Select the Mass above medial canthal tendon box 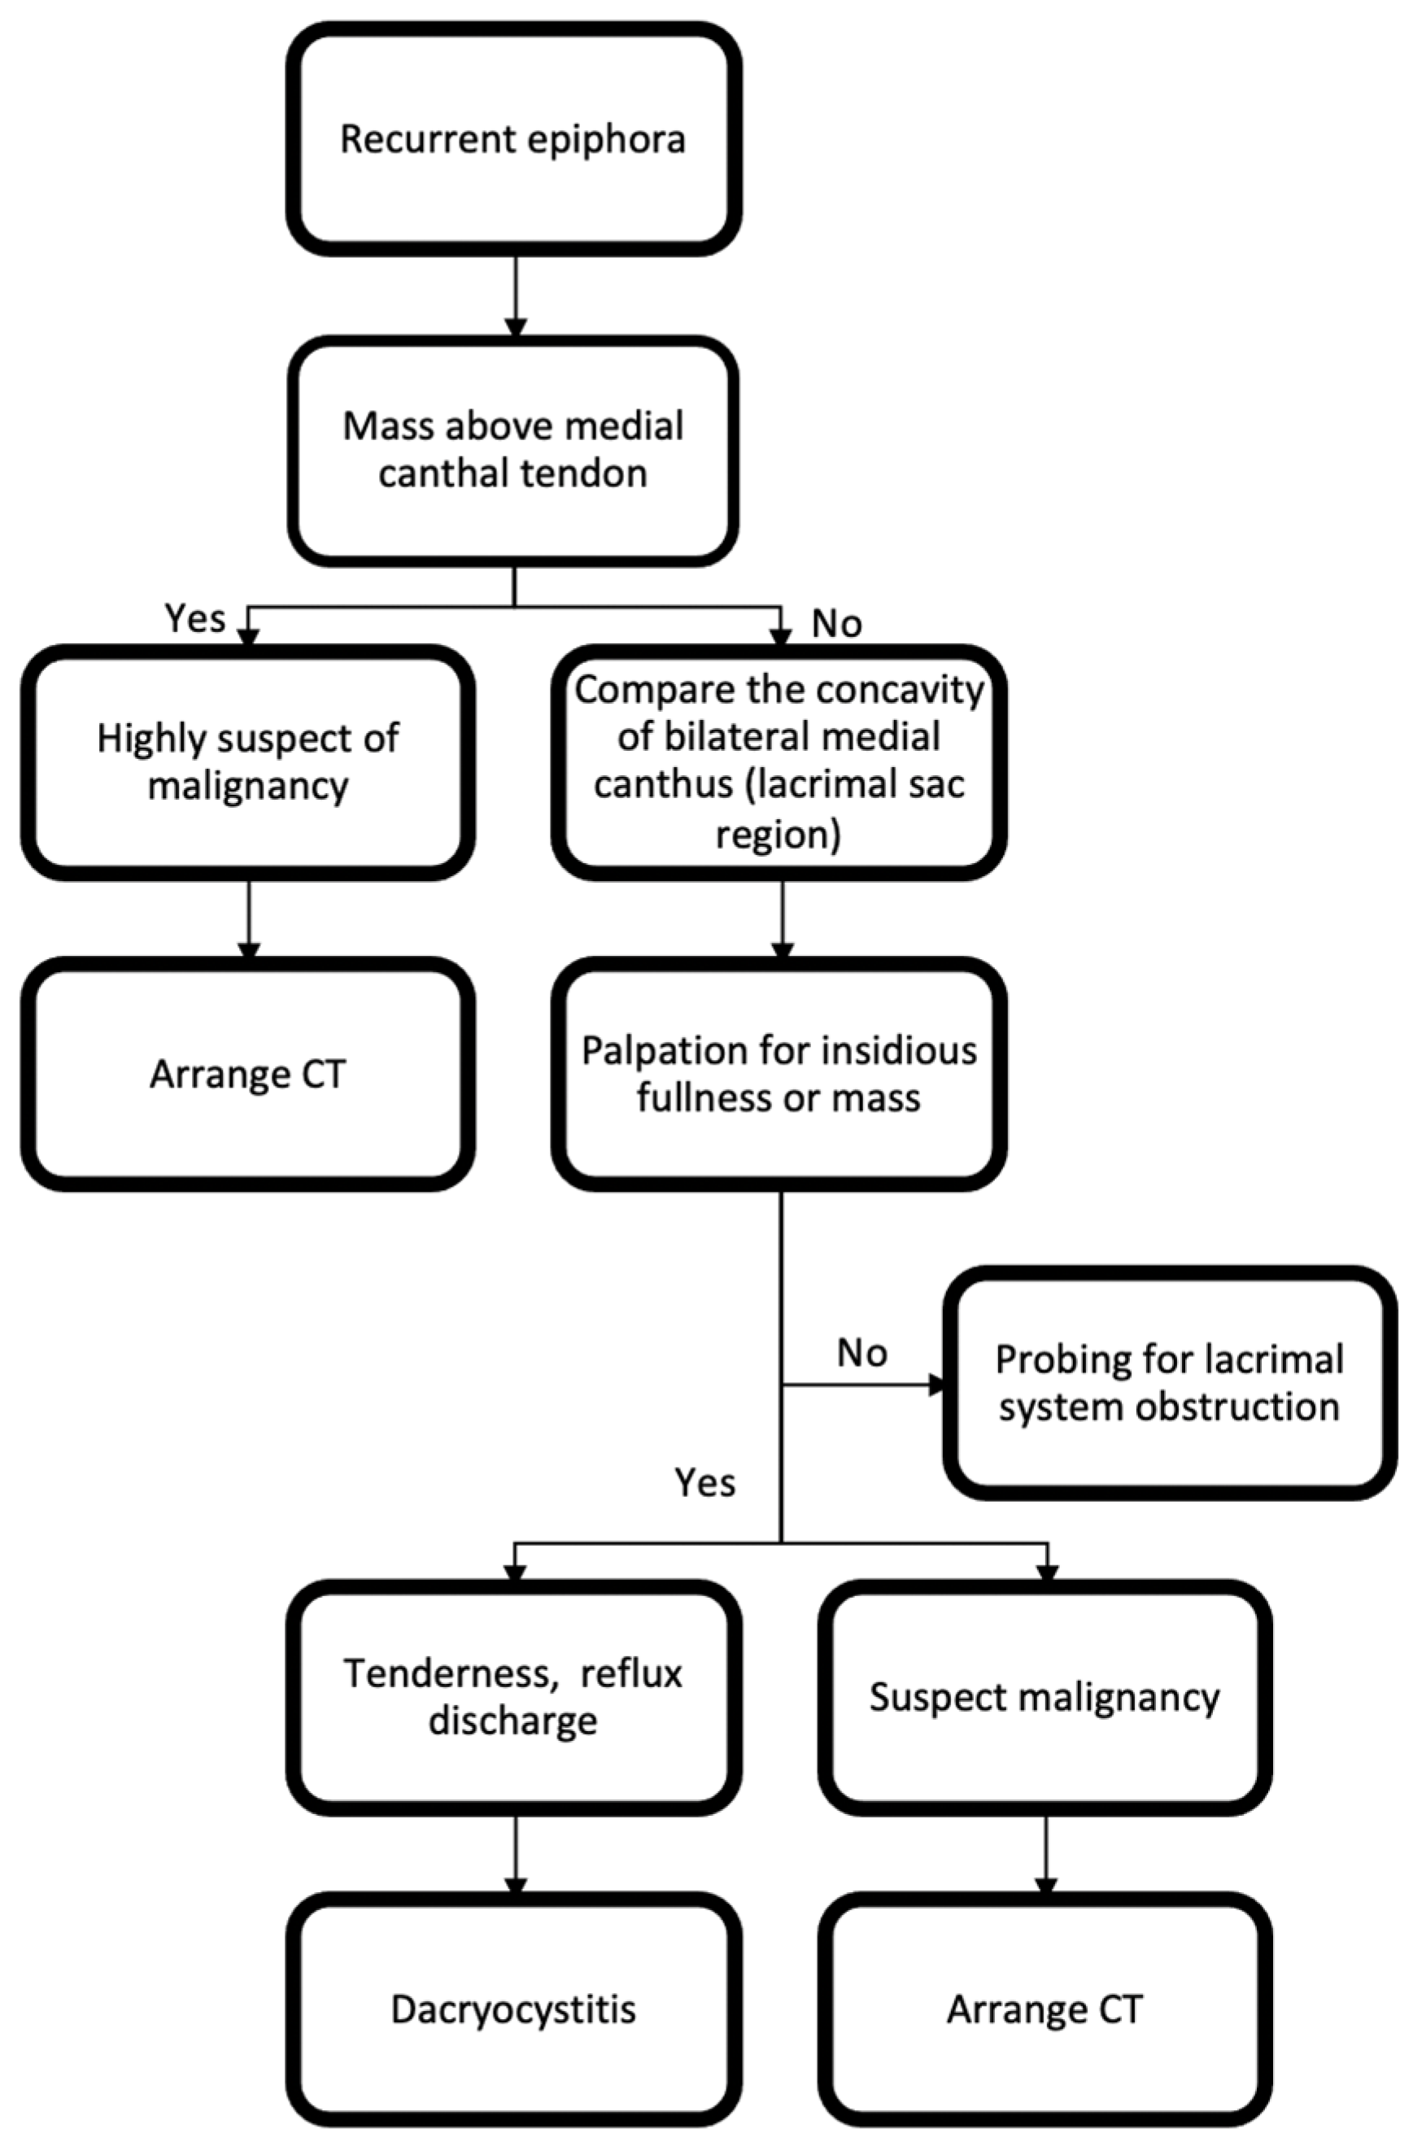513,450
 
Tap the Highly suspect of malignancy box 248,762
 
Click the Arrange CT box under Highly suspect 248,1074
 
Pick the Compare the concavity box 780,762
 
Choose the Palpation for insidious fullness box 780,1074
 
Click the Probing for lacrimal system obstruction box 1170,1383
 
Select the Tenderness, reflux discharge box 513,1696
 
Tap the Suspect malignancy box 1045,1696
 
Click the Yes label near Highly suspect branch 194,618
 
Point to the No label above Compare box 837,623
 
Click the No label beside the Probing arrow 862,1353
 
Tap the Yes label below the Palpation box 705,1482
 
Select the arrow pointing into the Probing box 864,1384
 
